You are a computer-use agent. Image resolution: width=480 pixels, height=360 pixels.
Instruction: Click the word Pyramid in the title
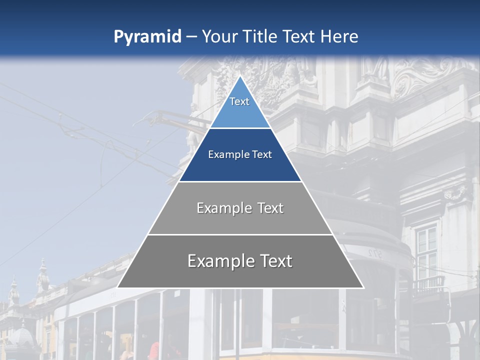(x=147, y=37)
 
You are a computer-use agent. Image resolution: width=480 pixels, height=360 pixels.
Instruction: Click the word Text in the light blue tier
(x=239, y=101)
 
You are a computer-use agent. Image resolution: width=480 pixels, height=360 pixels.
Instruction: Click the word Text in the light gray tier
(x=270, y=208)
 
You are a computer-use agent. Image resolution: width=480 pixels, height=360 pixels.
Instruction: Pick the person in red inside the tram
(x=154, y=350)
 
